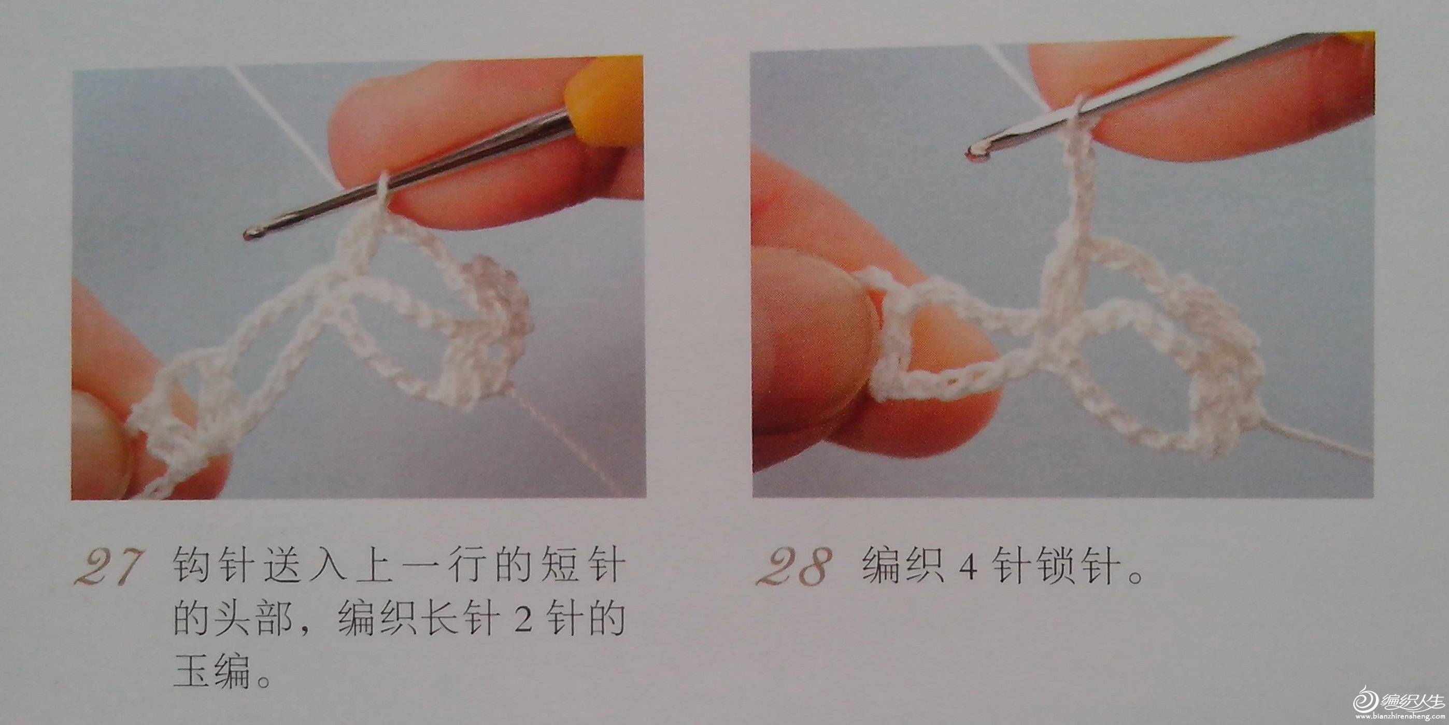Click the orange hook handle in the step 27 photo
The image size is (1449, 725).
605,101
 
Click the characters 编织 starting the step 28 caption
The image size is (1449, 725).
903,566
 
